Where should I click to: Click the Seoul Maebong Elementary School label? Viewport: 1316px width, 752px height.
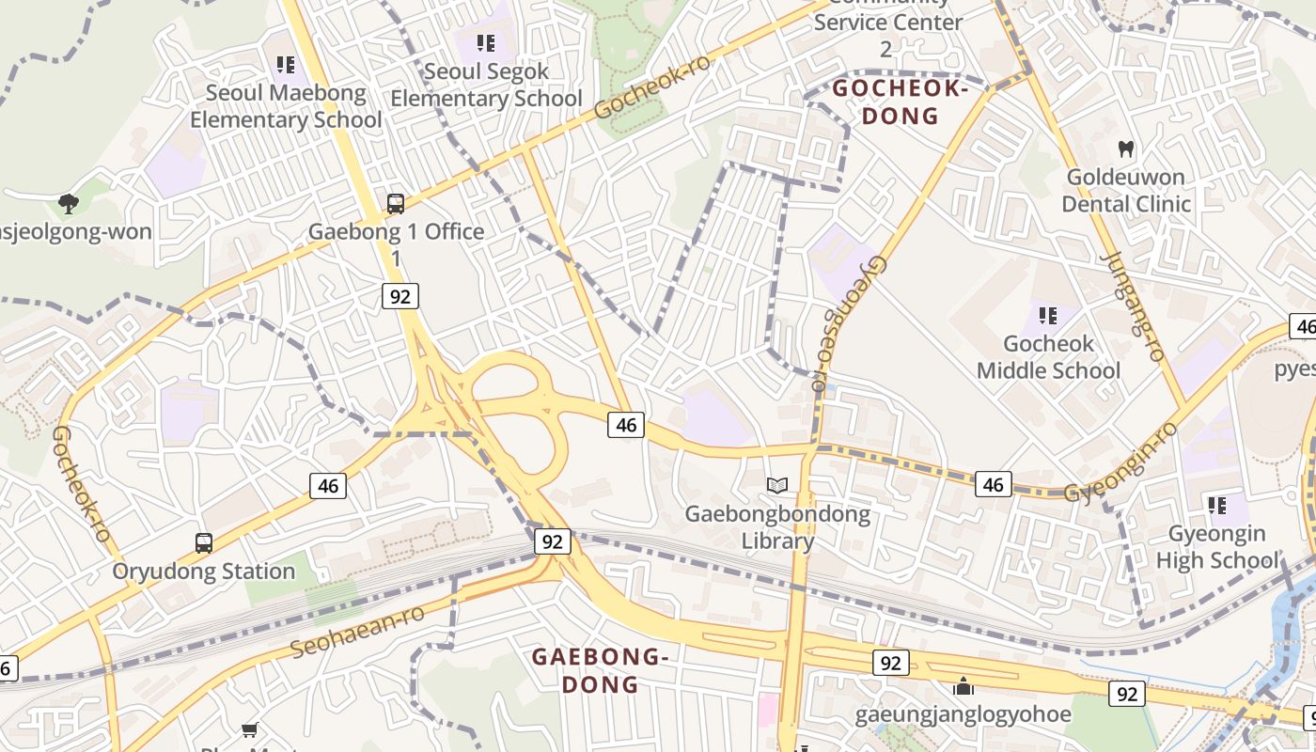286,106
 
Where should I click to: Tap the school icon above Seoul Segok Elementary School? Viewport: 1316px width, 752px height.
486,42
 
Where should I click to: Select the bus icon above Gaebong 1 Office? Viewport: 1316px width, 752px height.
396,203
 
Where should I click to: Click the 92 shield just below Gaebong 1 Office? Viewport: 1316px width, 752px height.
400,297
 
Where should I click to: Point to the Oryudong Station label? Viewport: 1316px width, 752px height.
204,572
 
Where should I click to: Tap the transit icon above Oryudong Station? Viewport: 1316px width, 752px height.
204,542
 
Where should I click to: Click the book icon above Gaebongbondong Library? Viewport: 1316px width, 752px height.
776,485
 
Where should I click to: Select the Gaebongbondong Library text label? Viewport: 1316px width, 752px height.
777,527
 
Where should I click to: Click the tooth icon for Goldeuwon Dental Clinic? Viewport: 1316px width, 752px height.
1125,149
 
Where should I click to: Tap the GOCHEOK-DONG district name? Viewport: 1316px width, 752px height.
901,102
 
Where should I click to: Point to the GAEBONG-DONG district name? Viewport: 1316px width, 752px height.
601,670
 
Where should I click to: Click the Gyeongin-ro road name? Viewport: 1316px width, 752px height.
1121,463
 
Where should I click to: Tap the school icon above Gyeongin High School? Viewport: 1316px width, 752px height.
1217,506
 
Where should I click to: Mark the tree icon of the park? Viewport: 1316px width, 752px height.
68,203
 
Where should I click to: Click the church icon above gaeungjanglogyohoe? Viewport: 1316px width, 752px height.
963,686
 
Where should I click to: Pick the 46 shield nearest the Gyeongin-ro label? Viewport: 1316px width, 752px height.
993,484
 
